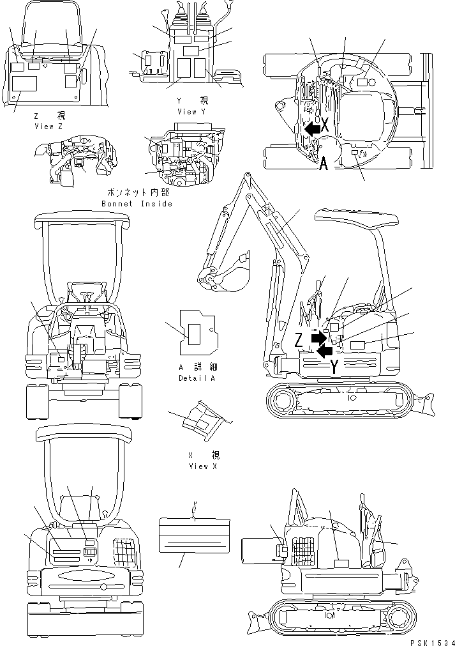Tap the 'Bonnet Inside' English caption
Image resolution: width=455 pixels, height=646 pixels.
137,203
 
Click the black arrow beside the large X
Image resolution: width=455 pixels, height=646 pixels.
311,128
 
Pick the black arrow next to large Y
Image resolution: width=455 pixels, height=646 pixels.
325,350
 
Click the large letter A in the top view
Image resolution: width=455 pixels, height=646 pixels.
324,164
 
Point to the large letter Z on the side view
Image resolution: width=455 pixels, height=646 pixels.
299,341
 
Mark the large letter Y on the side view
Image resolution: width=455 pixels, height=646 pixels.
334,366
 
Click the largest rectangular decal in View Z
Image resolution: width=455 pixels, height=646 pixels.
25,84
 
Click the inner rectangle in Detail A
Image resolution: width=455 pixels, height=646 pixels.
195,332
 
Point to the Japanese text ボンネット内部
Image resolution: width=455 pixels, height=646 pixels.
136,193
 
